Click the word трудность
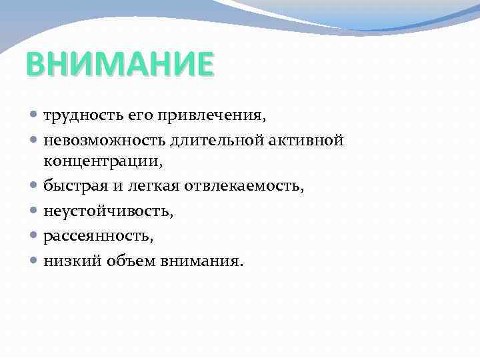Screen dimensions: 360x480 click(75, 116)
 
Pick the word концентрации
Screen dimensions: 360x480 click(102, 161)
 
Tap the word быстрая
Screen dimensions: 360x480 click(70, 186)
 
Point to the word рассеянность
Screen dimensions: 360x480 click(89, 236)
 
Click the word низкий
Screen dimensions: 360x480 click(68, 261)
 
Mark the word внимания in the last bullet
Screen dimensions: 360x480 click(202, 261)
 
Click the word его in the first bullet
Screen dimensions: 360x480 click(127, 117)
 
